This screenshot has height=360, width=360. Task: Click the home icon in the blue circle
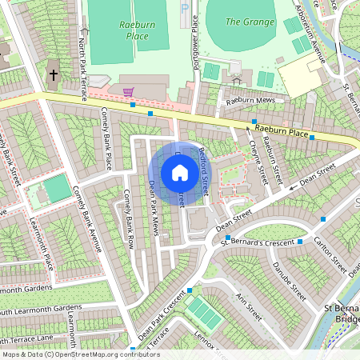click(180, 173)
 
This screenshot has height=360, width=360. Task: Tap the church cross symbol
click(54, 77)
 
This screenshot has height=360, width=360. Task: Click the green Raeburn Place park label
click(135, 30)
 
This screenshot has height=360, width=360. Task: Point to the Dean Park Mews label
click(155, 208)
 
